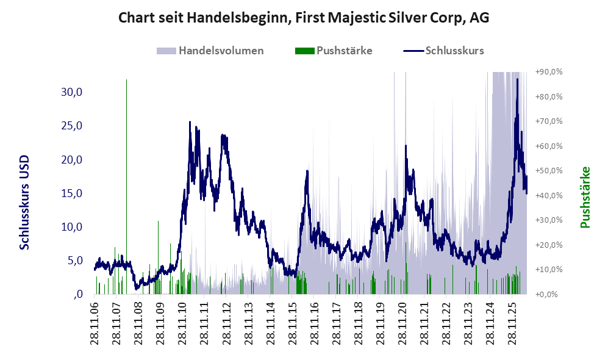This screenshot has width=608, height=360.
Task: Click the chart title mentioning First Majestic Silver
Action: pos(304,18)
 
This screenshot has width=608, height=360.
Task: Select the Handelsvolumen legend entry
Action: pos(210,51)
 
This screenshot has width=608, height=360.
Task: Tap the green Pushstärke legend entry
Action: pos(334,51)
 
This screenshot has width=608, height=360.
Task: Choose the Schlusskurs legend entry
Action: pos(443,51)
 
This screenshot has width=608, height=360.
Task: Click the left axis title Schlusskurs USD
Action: pos(24,203)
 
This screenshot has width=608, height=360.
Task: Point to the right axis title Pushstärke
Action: pos(585,198)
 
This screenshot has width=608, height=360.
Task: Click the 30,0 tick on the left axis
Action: pos(72,92)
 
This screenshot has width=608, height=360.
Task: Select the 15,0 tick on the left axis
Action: pos(72,193)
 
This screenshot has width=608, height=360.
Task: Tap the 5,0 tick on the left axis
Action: pos(75,261)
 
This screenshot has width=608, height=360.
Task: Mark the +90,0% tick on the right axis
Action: pos(549,72)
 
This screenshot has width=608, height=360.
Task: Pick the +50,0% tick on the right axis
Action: pos(549,171)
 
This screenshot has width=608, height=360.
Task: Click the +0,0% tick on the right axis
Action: pos(546,294)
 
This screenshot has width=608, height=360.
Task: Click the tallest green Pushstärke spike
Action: pos(126,187)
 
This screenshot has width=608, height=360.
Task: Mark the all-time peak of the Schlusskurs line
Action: pos(517,79)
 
